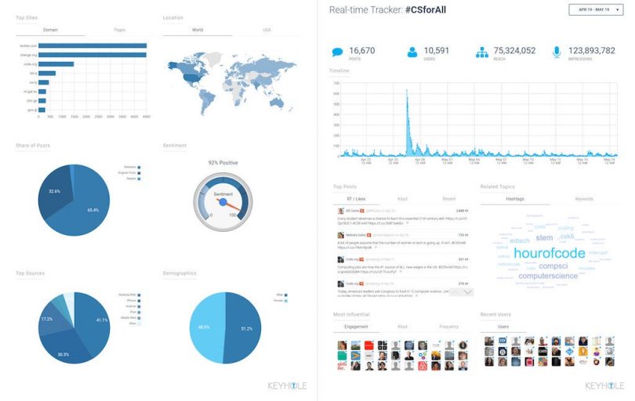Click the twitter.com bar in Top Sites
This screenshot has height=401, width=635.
pyautogui.click(x=93, y=45)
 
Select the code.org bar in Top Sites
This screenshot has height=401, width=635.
pyautogui.click(x=56, y=64)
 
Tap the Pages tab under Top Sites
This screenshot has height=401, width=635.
pyautogui.click(x=119, y=30)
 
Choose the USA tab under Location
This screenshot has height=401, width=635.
pyautogui.click(x=267, y=30)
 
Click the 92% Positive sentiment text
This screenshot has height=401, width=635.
pyautogui.click(x=223, y=162)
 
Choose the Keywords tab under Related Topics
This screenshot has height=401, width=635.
pyautogui.click(x=584, y=200)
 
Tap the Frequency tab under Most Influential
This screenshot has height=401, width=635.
pyautogui.click(x=449, y=325)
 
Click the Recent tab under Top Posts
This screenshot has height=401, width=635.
pyautogui.click(x=449, y=200)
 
